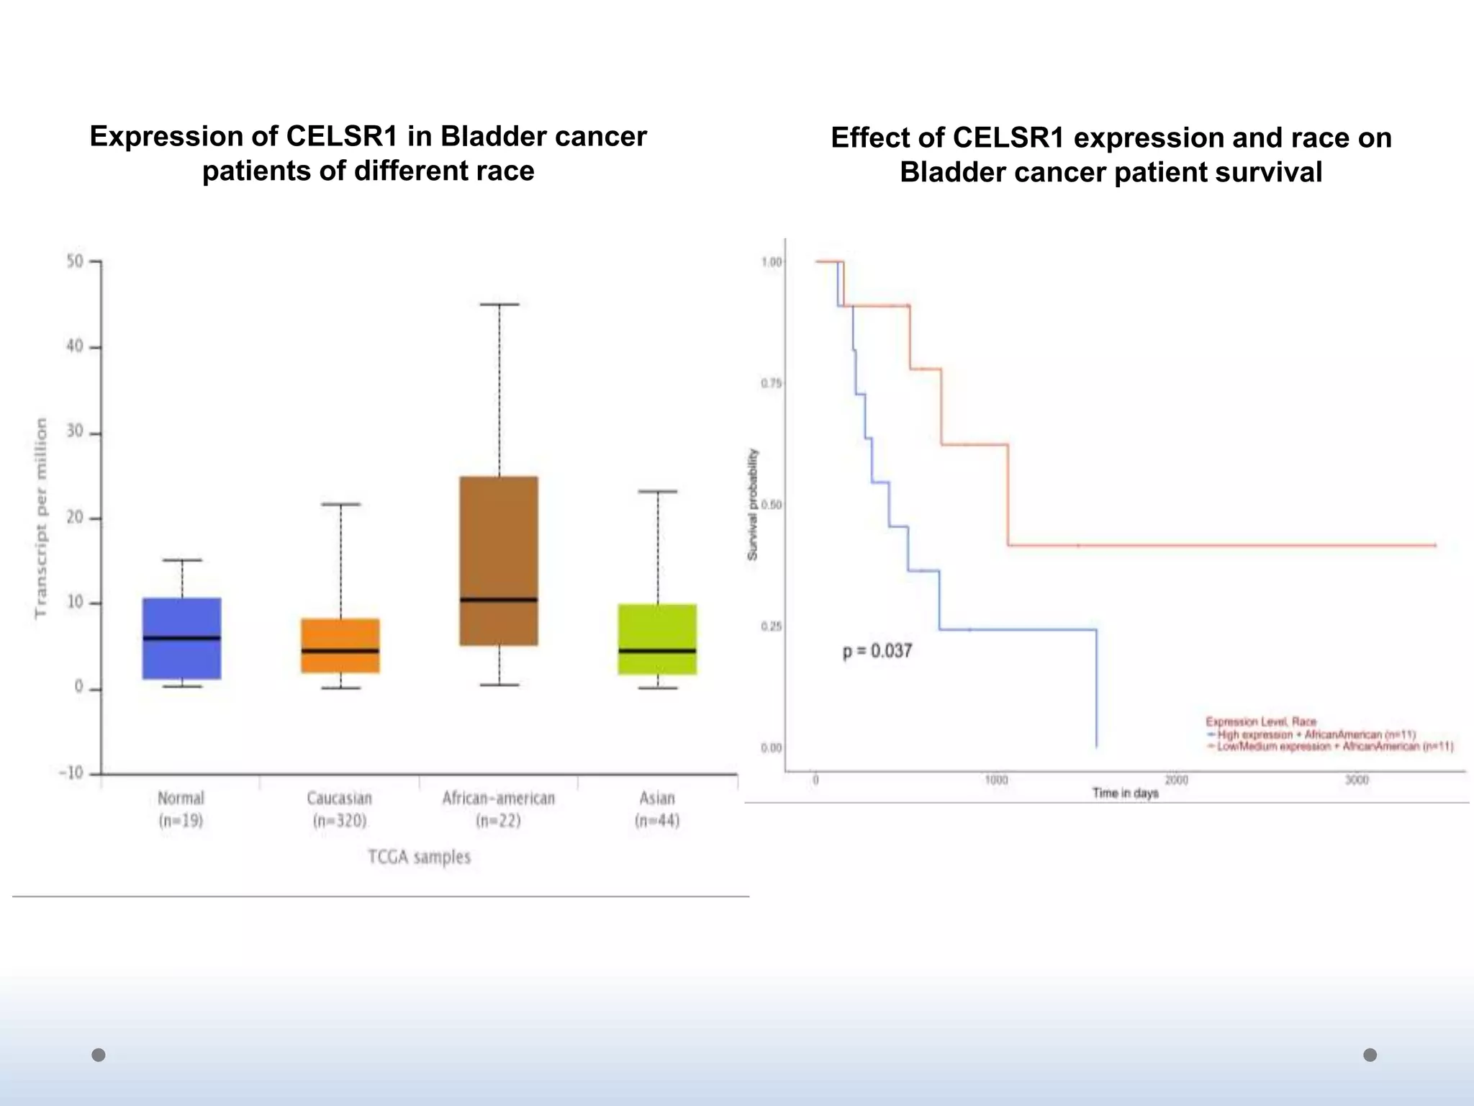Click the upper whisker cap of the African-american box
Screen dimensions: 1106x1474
coord(499,305)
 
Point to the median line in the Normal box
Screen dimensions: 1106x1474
coord(181,638)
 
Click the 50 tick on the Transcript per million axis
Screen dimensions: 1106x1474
coord(76,261)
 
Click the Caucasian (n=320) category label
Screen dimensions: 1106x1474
coord(340,809)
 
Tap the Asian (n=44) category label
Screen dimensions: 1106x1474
coord(657,809)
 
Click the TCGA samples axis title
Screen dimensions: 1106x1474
coord(419,857)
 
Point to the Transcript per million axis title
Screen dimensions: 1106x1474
coord(41,518)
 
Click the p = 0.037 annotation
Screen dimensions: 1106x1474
coord(877,651)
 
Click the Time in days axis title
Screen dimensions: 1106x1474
coord(1125,793)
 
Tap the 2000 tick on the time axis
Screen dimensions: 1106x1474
coord(1176,781)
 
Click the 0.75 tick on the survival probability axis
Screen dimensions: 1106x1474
coord(771,384)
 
